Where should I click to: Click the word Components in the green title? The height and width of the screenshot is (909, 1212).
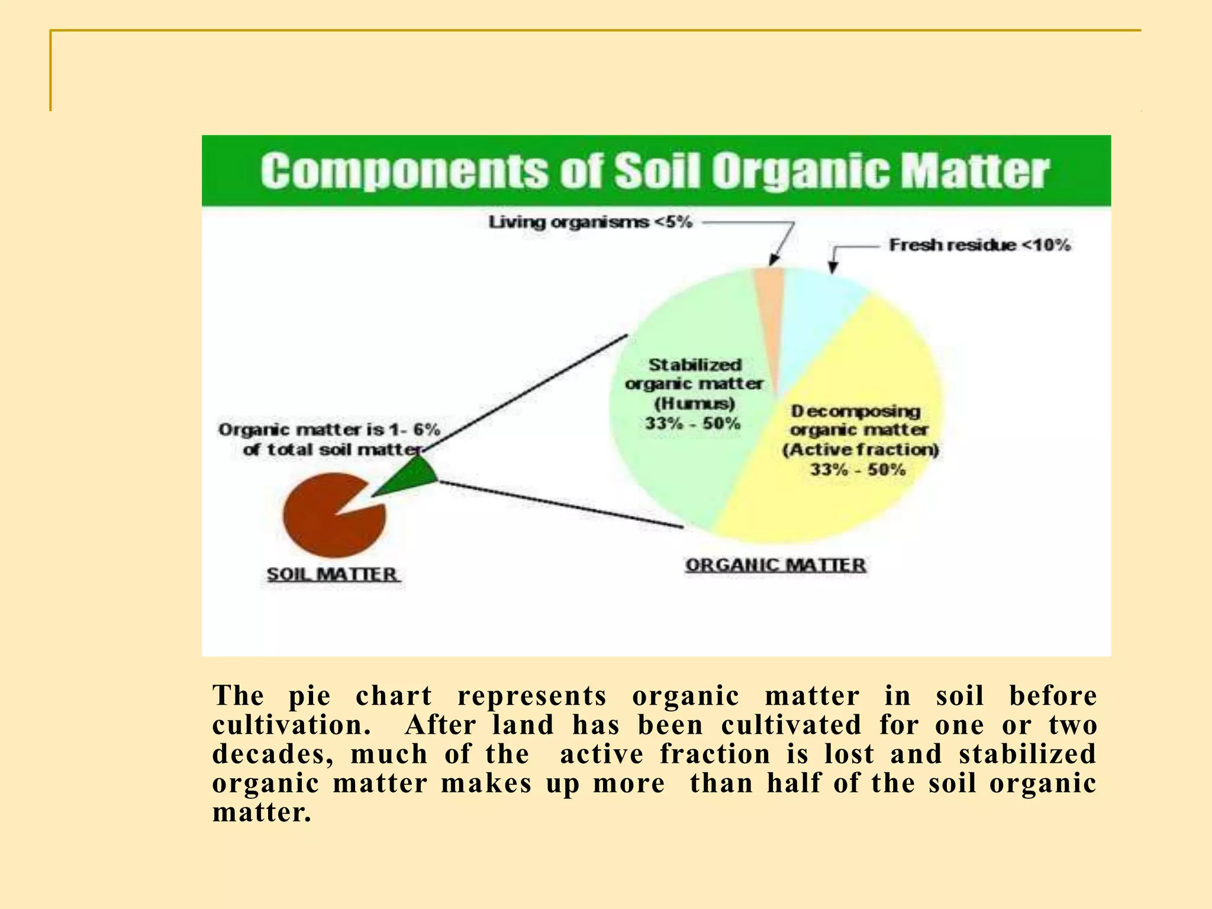404,172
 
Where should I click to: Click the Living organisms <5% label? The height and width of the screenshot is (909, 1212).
590,223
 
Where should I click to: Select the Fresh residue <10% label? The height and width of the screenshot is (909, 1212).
979,245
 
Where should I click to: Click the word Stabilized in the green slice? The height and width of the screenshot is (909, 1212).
695,365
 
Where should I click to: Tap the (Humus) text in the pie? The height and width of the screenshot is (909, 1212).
695,404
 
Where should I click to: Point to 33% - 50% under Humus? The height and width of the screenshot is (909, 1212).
693,424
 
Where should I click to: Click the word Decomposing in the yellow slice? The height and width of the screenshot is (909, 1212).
856,411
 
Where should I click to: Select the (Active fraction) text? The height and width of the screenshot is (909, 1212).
860,450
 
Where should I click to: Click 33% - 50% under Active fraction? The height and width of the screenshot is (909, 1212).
858,470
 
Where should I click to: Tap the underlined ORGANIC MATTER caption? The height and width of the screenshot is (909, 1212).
775,565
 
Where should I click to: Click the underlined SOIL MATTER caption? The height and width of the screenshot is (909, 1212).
332,574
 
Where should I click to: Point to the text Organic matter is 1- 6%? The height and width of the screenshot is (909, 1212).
329,430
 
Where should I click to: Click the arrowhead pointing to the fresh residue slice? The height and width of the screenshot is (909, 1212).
833,267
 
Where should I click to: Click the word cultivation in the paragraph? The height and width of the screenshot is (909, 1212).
291,726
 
